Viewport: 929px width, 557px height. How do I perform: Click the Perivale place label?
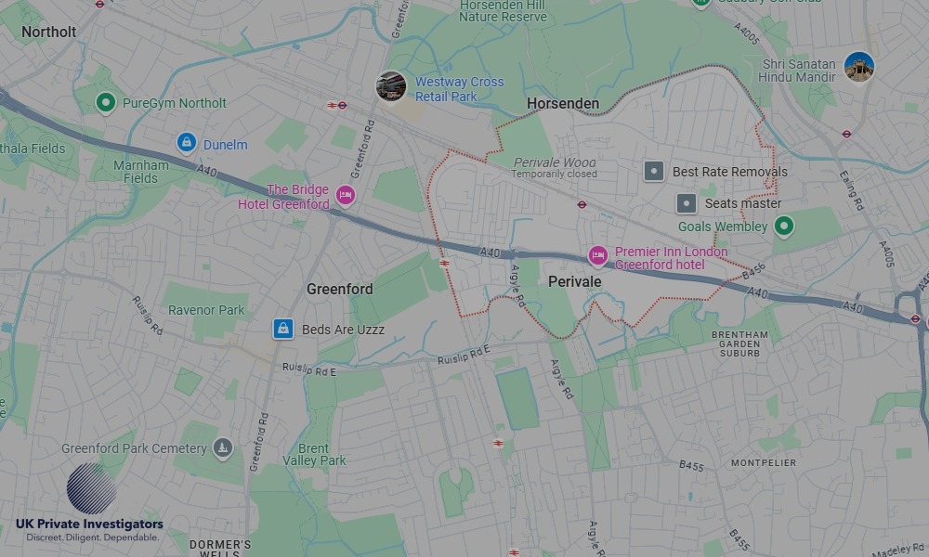[574, 281]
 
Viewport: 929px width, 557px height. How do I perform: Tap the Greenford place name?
[339, 289]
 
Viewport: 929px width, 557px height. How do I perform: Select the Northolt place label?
[48, 32]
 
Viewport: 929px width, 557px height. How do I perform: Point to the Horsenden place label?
[562, 103]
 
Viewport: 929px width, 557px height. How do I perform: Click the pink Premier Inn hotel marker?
[597, 255]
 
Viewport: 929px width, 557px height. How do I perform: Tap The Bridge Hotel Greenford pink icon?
[346, 196]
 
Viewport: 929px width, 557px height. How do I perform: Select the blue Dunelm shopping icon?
[187, 143]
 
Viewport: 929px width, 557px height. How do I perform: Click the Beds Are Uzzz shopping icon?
[283, 329]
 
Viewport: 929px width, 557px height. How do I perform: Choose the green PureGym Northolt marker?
[106, 102]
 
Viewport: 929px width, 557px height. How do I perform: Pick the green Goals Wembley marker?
[784, 226]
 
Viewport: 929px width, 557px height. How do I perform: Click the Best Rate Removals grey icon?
[655, 171]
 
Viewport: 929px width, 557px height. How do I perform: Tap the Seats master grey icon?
[687, 202]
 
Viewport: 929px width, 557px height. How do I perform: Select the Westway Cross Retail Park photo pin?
[390, 86]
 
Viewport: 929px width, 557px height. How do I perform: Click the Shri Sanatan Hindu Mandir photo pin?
[858, 67]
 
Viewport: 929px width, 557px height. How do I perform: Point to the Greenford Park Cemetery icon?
[222, 448]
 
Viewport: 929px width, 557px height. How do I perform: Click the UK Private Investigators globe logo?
[91, 488]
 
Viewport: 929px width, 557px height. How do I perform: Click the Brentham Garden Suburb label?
[739, 343]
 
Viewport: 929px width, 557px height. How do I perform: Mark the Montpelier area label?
[764, 462]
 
